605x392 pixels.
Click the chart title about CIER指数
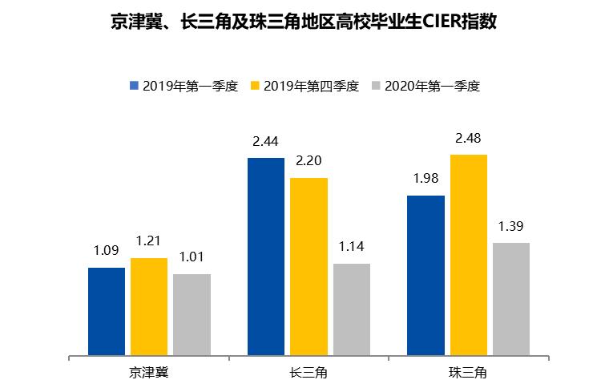click(x=303, y=22)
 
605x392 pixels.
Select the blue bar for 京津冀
click(x=107, y=311)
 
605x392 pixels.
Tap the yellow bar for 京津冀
click(x=149, y=306)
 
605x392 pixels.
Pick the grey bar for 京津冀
click(x=192, y=314)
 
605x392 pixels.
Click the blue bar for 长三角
click(x=266, y=257)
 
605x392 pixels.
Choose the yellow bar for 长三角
click(x=309, y=266)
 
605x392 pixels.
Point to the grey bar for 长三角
click(x=351, y=309)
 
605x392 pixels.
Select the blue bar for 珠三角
click(x=426, y=275)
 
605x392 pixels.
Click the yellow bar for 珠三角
click(x=468, y=255)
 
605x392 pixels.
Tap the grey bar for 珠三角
click(x=510, y=298)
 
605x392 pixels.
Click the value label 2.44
click(x=265, y=142)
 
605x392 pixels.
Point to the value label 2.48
click(x=468, y=138)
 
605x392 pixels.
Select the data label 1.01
click(x=192, y=257)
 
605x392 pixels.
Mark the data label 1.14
click(x=351, y=247)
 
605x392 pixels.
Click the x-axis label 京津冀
click(x=149, y=373)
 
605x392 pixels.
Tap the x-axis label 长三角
click(x=309, y=373)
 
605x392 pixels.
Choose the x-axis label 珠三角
click(x=468, y=373)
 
